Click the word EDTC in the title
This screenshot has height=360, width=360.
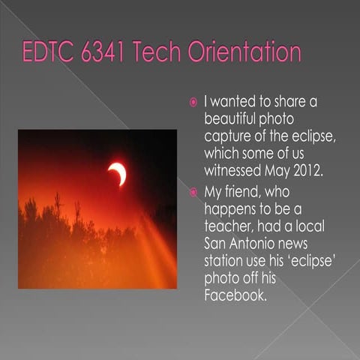click(48, 53)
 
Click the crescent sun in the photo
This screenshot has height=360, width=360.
click(117, 173)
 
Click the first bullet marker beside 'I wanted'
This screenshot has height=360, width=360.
click(193, 102)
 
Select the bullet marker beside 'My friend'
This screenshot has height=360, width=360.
click(193, 192)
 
